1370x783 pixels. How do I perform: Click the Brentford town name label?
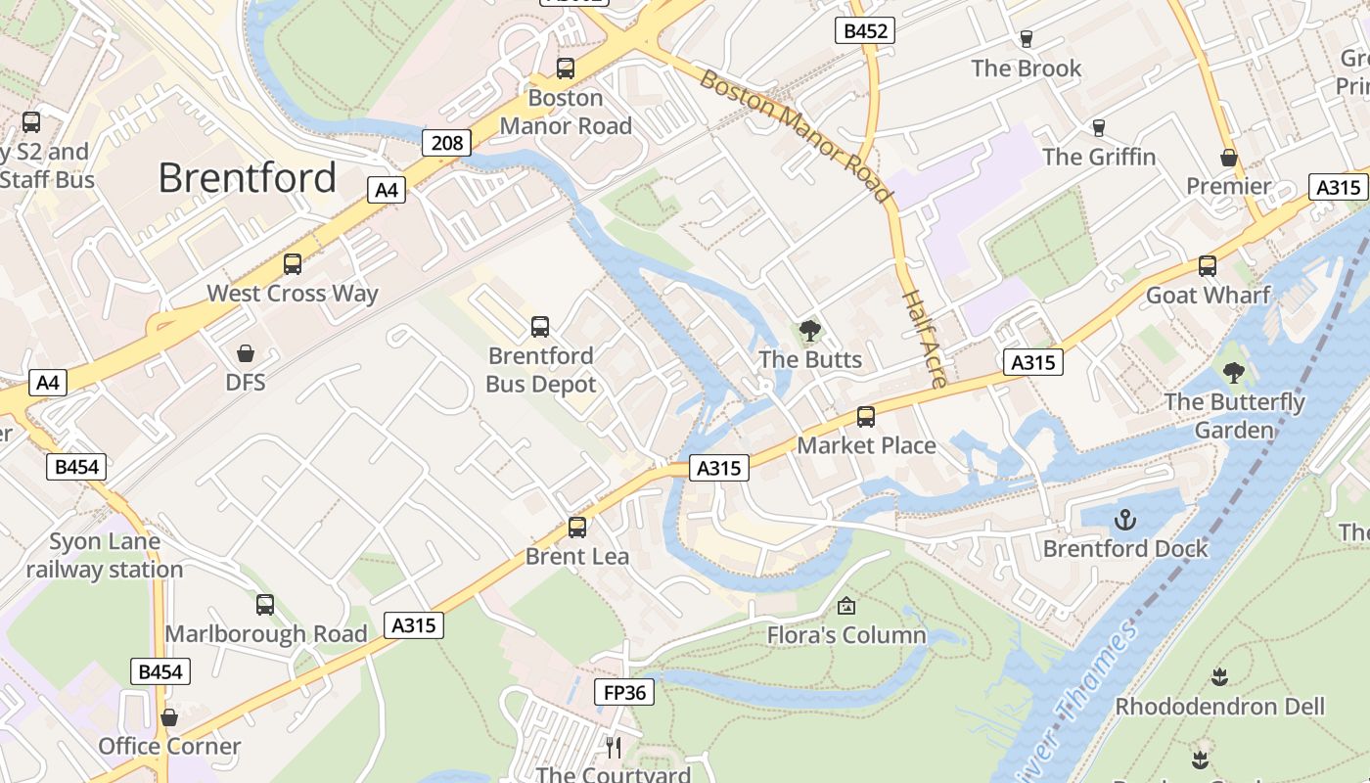click(x=247, y=178)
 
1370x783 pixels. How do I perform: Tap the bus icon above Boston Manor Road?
click(x=566, y=69)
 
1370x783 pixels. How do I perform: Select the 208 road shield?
click(x=447, y=143)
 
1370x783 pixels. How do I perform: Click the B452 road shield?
click(x=866, y=30)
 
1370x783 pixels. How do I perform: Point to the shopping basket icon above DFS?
click(x=245, y=352)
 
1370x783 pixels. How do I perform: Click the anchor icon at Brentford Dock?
click(x=1125, y=519)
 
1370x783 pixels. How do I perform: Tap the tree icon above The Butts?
click(x=809, y=330)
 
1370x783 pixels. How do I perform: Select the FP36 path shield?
click(x=624, y=692)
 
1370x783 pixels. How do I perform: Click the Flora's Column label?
click(x=845, y=635)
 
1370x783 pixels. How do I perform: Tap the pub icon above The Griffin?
click(x=1098, y=127)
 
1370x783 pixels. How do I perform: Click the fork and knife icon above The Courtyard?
click(x=614, y=747)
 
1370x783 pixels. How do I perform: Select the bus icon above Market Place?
click(x=866, y=416)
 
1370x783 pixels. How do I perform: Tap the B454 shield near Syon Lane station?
click(x=76, y=467)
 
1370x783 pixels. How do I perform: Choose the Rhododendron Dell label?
click(x=1219, y=706)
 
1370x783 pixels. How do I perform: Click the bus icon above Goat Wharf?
click(x=1208, y=265)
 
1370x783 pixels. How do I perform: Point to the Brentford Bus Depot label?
click(x=540, y=369)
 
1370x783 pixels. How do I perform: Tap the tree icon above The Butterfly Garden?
click(x=1234, y=372)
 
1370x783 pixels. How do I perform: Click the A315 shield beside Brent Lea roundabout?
click(x=719, y=468)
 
